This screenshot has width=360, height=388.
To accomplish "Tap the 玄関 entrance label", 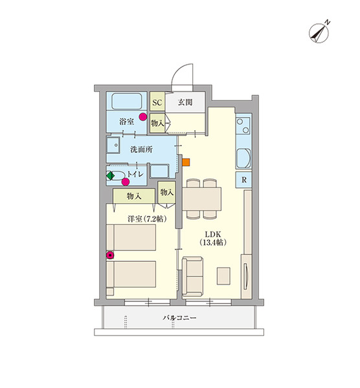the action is (x=185, y=102).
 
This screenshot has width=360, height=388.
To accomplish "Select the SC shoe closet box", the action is (x=157, y=102).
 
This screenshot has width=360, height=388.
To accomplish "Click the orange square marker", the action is (x=186, y=162).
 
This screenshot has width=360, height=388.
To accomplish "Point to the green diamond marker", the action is (x=110, y=176).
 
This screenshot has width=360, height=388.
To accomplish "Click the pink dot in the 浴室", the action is (x=142, y=117).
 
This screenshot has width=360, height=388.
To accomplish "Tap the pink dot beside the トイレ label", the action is (x=126, y=182).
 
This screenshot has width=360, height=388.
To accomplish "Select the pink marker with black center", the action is (x=110, y=255).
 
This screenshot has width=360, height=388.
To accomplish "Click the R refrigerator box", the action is (x=244, y=180).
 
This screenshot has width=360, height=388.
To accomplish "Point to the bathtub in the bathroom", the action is (x=127, y=102).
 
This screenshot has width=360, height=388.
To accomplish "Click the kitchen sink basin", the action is (x=243, y=158).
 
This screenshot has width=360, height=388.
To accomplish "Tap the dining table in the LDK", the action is (x=201, y=199).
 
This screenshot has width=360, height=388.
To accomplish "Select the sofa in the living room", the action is (x=192, y=277).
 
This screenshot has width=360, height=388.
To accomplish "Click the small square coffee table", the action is (x=223, y=275).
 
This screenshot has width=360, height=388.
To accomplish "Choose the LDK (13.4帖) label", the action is (x=213, y=238).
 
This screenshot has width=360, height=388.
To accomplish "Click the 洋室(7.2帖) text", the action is (x=147, y=219).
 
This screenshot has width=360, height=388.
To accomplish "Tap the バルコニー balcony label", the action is (x=179, y=318).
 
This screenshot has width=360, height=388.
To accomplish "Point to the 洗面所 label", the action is (x=142, y=149).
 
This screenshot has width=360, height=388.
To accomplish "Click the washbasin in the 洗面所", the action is (x=113, y=145).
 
